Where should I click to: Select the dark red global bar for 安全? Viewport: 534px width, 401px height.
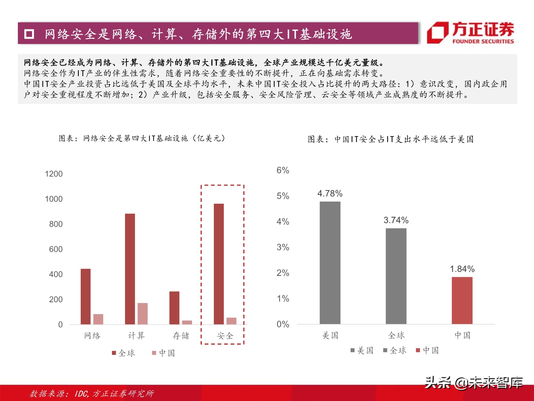[219, 264]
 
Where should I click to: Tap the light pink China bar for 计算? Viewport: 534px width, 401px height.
[142, 314]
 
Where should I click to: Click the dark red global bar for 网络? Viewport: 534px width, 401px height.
[85, 296]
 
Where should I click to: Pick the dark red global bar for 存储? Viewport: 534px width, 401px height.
[174, 308]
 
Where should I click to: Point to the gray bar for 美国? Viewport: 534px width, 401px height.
[330, 263]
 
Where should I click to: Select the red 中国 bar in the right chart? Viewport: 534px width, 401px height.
[462, 300]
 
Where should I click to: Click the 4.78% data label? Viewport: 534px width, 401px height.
[330, 194]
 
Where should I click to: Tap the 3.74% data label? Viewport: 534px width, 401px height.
[396, 220]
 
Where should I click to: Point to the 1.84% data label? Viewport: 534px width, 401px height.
[462, 269]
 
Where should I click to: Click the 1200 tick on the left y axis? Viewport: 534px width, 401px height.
[54, 174]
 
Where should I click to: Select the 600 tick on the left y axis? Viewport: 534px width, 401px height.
[56, 249]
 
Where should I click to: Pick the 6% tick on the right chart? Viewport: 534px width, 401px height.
[283, 170]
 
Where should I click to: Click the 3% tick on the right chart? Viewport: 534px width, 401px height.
[283, 247]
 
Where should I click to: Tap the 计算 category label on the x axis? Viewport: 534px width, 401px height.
[136, 336]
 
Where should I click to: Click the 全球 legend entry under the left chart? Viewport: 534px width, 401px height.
[124, 353]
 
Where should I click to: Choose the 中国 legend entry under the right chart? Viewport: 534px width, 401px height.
[427, 350]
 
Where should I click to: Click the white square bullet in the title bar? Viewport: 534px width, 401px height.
[29, 34]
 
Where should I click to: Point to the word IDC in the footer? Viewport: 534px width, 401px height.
[81, 394]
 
